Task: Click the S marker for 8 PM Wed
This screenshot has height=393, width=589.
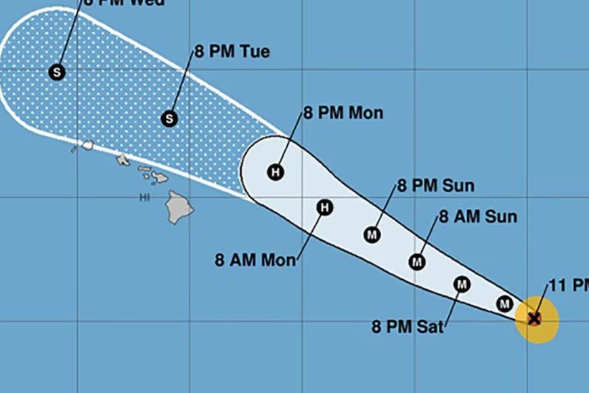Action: [x=57, y=72]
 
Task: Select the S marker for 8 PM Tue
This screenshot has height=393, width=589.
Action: [x=169, y=119]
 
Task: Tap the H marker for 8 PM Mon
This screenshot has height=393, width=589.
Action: [x=275, y=172]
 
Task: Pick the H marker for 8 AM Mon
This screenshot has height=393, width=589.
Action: [x=325, y=207]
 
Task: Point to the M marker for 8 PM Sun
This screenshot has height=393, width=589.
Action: [x=372, y=234]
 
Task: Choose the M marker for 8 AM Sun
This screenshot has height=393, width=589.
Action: [x=417, y=262]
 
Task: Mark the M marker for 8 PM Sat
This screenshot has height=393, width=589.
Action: [x=462, y=285]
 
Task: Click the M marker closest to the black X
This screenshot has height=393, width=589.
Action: [x=504, y=304]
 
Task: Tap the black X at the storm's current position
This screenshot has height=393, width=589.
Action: [x=535, y=318]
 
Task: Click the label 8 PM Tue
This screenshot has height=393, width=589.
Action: [x=232, y=51]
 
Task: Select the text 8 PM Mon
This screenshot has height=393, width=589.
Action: [x=343, y=112]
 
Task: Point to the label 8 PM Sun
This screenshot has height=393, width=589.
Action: [x=435, y=186]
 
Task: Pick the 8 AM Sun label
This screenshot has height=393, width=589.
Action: [x=478, y=217]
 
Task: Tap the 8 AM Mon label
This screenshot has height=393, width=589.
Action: [x=255, y=260]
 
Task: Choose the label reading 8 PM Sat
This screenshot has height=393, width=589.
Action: [x=408, y=327]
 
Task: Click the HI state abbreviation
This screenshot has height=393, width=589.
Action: [x=144, y=197]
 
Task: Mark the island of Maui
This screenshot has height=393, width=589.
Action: [x=158, y=177]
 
